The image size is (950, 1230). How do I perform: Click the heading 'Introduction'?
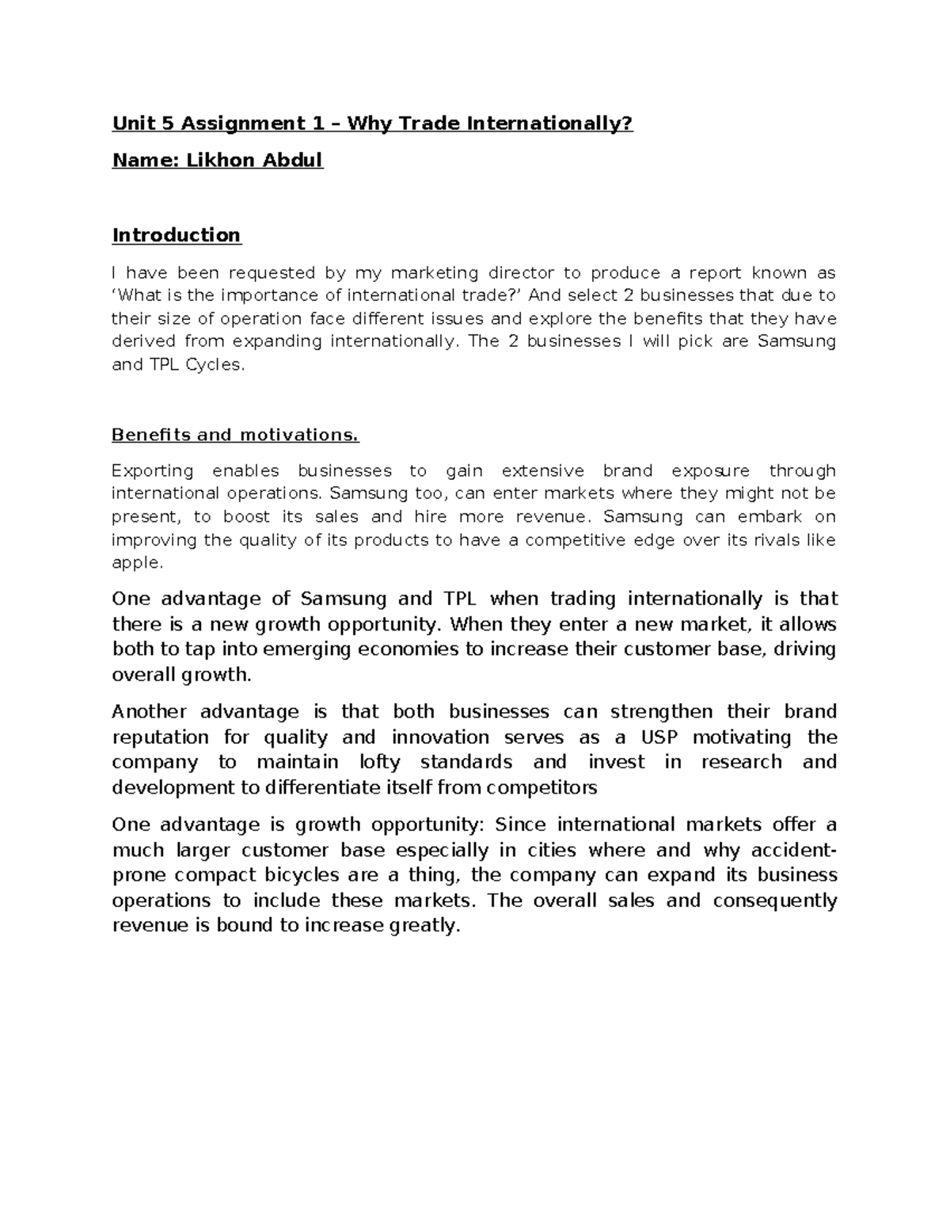(177, 235)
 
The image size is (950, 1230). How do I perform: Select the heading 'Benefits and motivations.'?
(235, 435)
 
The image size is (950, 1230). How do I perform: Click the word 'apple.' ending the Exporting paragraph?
(138, 563)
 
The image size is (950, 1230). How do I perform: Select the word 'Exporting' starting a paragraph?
(153, 471)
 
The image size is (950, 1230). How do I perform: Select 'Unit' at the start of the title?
(129, 124)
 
